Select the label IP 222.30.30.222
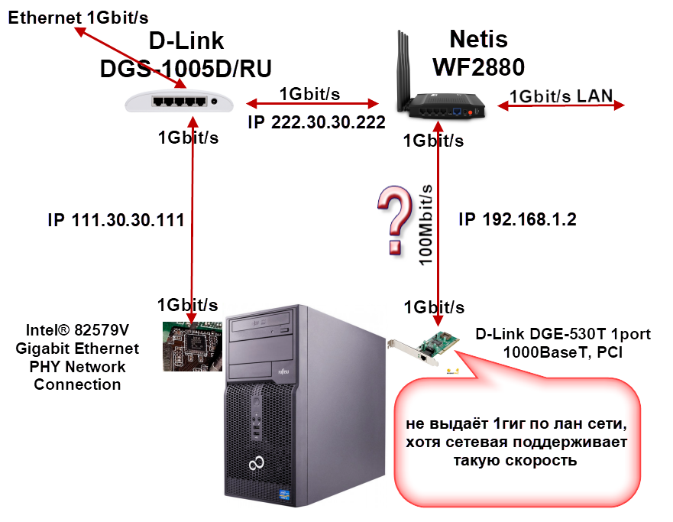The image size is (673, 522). [x=315, y=123]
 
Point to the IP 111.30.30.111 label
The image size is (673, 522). [x=116, y=220]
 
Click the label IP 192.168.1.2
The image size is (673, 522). [x=517, y=220]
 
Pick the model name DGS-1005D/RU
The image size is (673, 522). [x=186, y=68]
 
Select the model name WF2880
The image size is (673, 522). [x=478, y=67]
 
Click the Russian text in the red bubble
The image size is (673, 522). [x=516, y=443]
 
